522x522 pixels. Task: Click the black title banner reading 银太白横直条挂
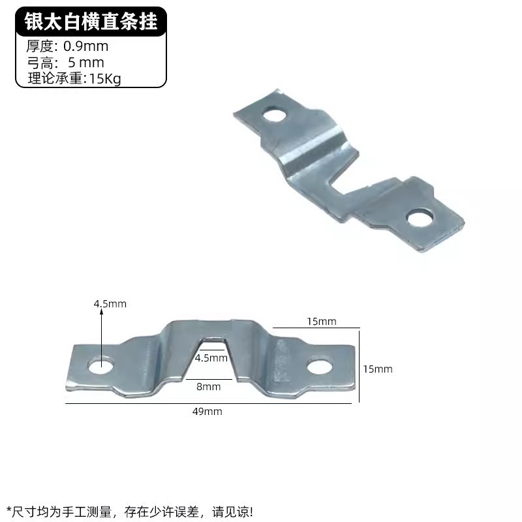(91, 22)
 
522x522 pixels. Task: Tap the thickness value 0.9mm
(86, 46)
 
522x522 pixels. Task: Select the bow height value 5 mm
(86, 63)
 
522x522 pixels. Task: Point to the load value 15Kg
(105, 79)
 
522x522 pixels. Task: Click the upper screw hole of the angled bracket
(275, 115)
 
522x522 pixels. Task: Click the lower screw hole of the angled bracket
(420, 218)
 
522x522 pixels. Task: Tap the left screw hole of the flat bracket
(101, 365)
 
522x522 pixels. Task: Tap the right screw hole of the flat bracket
(319, 367)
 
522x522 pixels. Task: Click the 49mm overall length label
(207, 412)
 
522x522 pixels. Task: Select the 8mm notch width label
(208, 386)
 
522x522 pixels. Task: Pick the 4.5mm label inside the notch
(211, 358)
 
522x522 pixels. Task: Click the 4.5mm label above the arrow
(110, 303)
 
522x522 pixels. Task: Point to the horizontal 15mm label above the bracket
(322, 321)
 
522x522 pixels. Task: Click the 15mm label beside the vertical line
(378, 369)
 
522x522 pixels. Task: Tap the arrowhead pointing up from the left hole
(101, 312)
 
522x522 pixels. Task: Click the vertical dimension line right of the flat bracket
(360, 365)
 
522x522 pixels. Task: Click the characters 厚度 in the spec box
(40, 46)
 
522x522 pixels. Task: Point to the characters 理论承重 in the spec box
(55, 78)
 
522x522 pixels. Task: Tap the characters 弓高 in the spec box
(40, 63)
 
